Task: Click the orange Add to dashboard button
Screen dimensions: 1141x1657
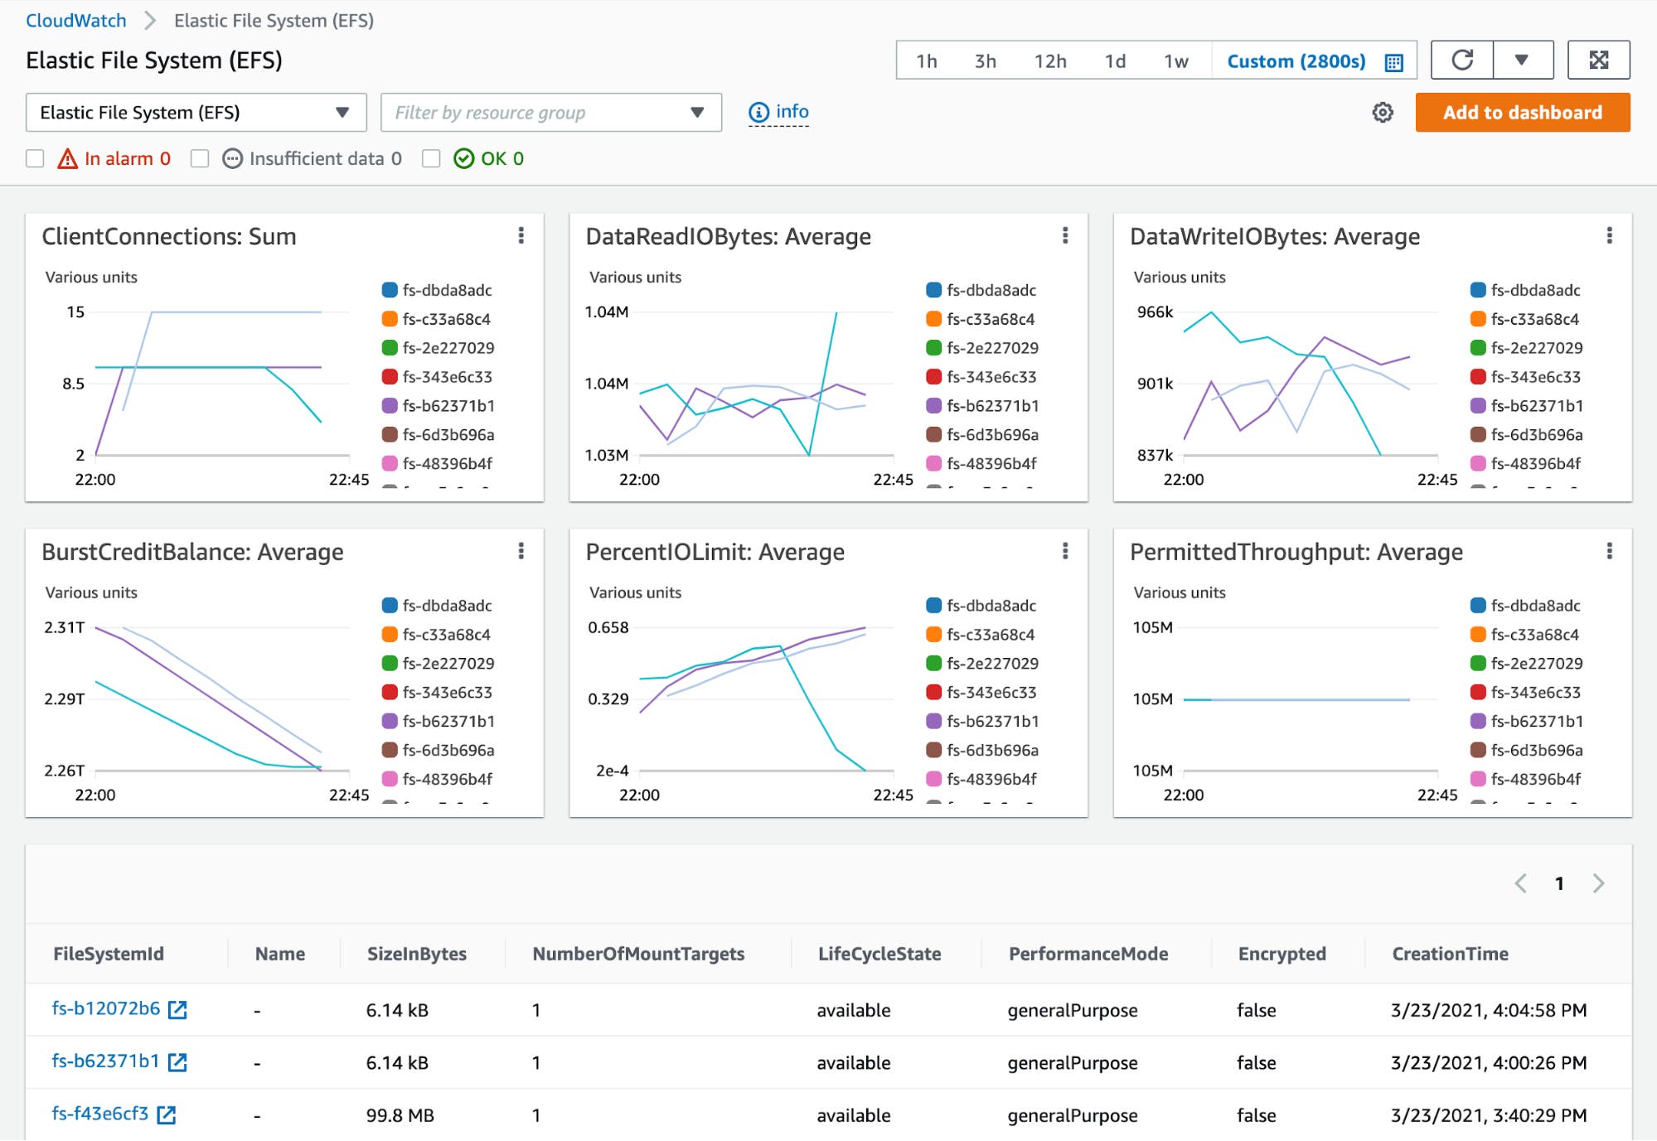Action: click(x=1522, y=113)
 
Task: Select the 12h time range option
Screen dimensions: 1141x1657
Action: click(x=1049, y=61)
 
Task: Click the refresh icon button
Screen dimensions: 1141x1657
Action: click(x=1462, y=60)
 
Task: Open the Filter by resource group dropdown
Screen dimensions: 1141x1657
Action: click(x=550, y=113)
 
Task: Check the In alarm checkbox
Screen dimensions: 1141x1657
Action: click(x=35, y=158)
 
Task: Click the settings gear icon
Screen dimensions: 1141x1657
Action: click(x=1382, y=113)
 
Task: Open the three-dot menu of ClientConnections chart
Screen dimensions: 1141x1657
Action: click(x=521, y=236)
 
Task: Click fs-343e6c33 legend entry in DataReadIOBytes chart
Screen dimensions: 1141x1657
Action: click(x=991, y=377)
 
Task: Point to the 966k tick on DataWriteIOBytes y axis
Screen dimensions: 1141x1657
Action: click(x=1155, y=312)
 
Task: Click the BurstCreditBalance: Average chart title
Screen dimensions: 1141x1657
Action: click(x=192, y=552)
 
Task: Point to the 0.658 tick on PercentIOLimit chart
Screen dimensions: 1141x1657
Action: click(x=608, y=628)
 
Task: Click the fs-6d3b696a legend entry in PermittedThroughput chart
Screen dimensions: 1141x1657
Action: click(x=1535, y=750)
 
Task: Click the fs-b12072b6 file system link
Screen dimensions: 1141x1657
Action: click(x=106, y=1008)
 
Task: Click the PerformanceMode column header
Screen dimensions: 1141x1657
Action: click(x=1088, y=954)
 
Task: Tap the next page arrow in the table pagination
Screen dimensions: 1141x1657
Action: click(x=1598, y=883)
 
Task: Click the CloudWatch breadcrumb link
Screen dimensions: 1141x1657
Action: click(x=76, y=21)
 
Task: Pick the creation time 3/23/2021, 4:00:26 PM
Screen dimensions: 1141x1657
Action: click(x=1488, y=1062)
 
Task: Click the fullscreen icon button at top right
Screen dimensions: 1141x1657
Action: click(x=1598, y=60)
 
